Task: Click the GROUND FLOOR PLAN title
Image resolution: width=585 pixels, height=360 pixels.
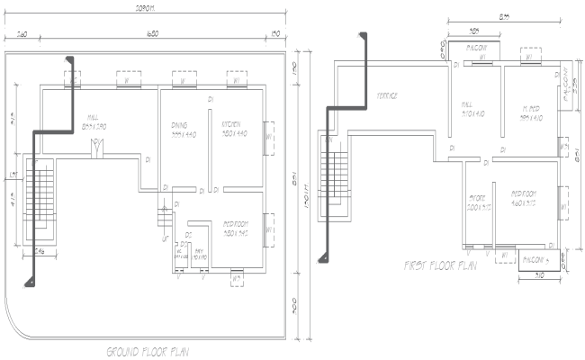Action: [x=148, y=351]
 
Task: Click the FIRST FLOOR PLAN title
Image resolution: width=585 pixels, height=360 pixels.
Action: [x=440, y=265]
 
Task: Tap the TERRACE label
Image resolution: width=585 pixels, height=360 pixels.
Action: [x=388, y=94]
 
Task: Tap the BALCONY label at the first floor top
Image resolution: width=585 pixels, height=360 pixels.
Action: [x=475, y=47]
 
